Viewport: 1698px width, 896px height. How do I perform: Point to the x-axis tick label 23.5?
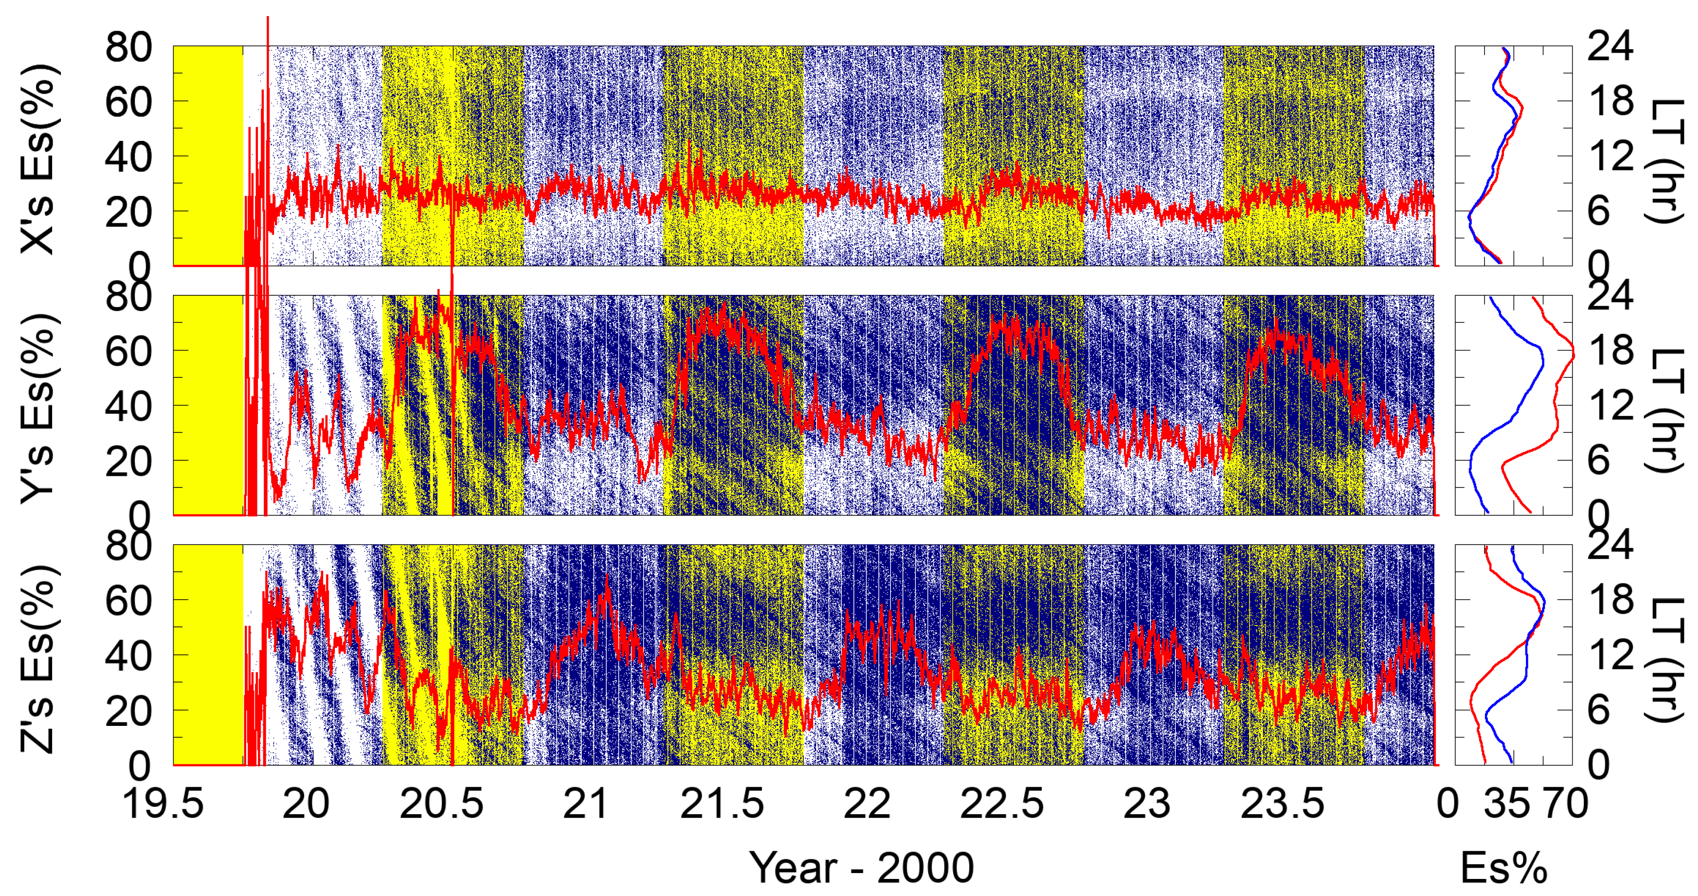pyautogui.click(x=1282, y=804)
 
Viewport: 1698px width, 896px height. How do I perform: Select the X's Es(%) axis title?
pyautogui.click(x=38, y=158)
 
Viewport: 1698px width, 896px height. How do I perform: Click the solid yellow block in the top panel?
pyautogui.click(x=208, y=156)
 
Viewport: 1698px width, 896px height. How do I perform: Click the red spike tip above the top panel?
pyautogui.click(x=268, y=18)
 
